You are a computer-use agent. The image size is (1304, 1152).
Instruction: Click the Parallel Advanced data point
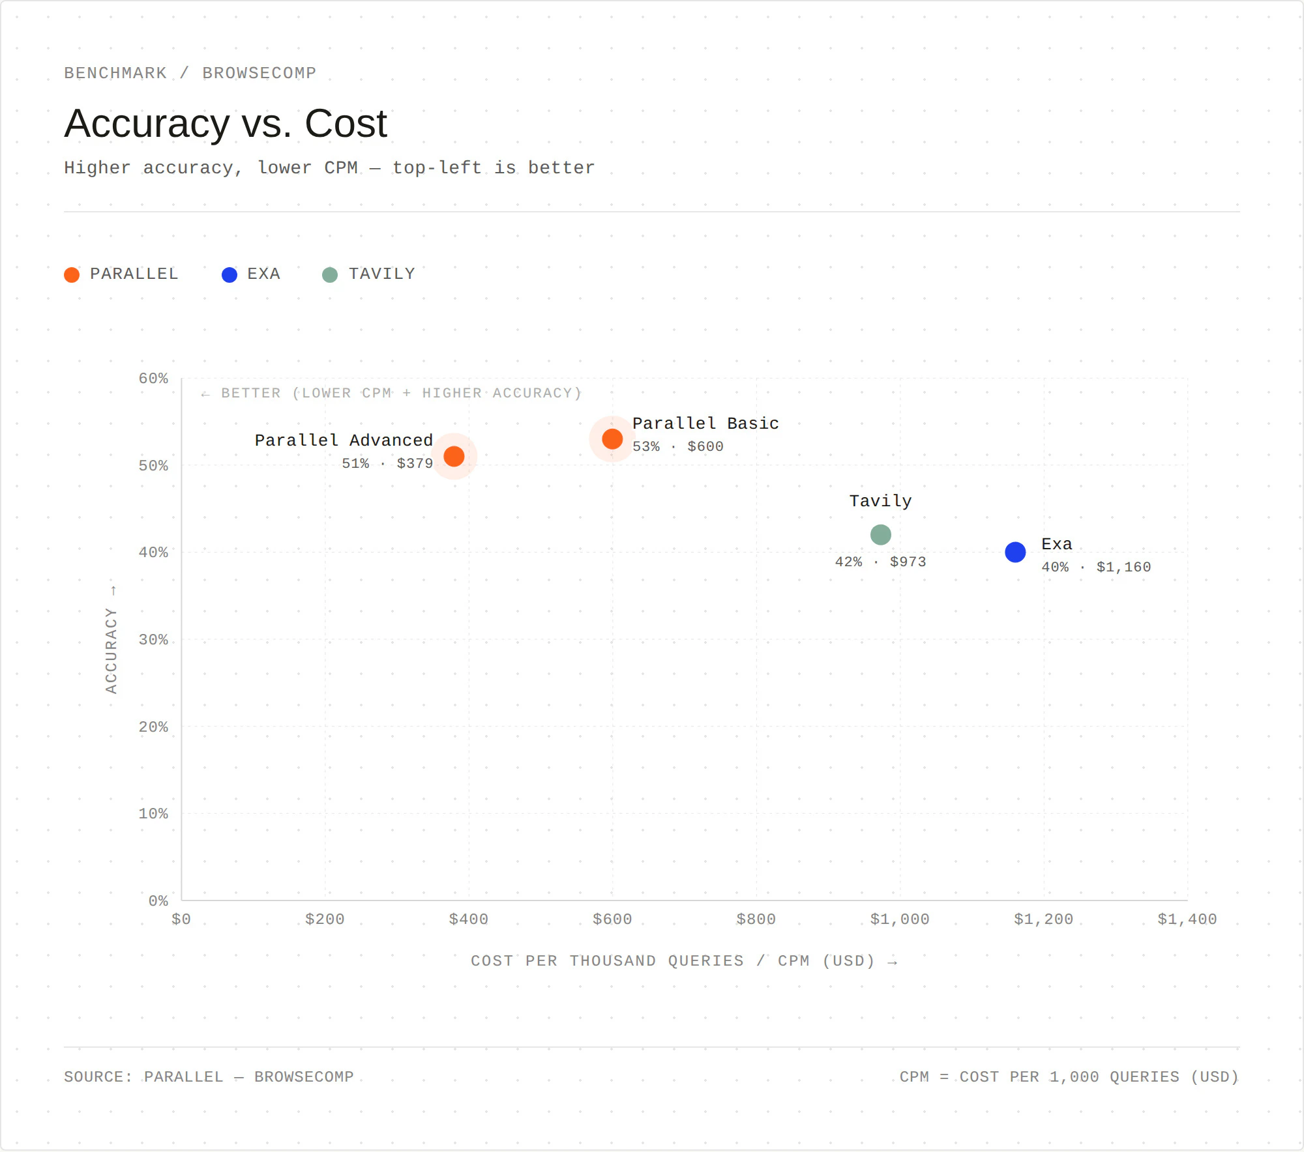[x=454, y=456]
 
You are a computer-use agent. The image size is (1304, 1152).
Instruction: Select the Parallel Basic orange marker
[x=612, y=439]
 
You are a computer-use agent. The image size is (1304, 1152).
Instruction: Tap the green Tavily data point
[x=880, y=535]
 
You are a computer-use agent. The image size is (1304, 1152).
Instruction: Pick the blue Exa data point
[x=1015, y=553]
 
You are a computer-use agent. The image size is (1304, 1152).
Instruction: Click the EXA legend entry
[x=251, y=274]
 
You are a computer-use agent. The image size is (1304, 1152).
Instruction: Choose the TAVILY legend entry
[x=369, y=274]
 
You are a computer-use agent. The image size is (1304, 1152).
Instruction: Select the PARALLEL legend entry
[x=121, y=274]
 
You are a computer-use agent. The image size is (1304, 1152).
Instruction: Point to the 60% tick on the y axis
[x=153, y=379]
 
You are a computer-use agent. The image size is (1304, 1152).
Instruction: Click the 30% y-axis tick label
[x=153, y=640]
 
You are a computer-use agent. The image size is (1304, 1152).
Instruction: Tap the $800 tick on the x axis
[x=756, y=919]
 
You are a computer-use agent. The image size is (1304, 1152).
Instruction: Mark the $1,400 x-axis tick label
[x=1187, y=919]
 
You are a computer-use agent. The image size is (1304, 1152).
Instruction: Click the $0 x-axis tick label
[x=181, y=919]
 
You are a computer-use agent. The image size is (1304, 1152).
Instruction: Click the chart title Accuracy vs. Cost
[x=226, y=124]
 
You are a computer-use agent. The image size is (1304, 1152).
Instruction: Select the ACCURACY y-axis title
[x=111, y=650]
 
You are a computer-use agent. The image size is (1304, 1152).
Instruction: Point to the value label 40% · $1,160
[x=1096, y=568]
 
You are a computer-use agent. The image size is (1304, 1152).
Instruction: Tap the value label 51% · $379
[x=387, y=464]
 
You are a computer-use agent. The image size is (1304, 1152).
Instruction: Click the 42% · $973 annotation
[x=880, y=562]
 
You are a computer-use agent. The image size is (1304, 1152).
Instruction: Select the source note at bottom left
[x=209, y=1077]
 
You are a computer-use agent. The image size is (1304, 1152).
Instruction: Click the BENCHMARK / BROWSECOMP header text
[x=190, y=73]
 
